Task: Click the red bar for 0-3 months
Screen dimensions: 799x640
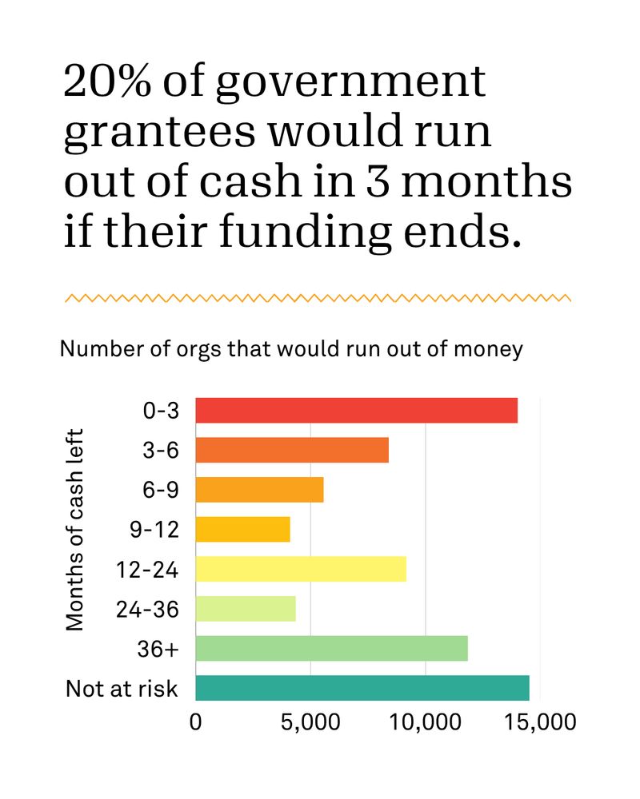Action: tap(356, 411)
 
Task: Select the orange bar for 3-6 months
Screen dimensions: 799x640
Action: tap(292, 451)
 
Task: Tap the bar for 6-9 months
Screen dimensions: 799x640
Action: tap(259, 490)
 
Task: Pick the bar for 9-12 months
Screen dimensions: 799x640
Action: tap(242, 530)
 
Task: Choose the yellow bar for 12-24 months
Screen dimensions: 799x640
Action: tap(301, 569)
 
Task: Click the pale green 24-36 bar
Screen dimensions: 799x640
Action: tap(246, 609)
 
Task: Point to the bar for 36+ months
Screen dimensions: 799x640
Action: tap(331, 649)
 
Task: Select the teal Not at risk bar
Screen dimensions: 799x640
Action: tap(362, 688)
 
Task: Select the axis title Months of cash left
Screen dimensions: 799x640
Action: tap(76, 531)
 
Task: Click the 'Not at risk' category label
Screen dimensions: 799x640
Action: tap(122, 688)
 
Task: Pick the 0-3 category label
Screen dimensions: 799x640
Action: tap(159, 411)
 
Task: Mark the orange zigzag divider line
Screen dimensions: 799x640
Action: tap(318, 298)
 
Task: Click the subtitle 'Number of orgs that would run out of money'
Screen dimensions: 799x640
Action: tap(291, 349)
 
